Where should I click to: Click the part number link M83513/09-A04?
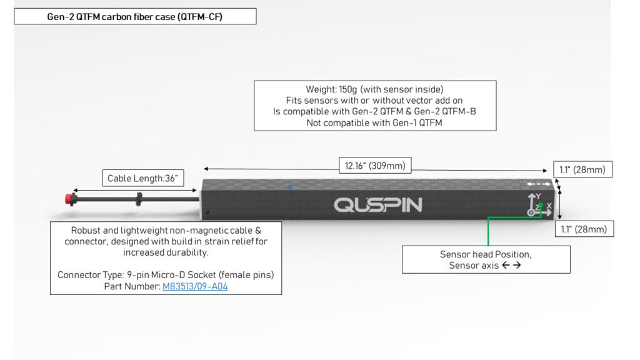click(195, 286)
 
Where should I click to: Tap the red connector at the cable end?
click(70, 199)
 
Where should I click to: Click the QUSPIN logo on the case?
click(378, 205)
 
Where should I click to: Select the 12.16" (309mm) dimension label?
click(375, 165)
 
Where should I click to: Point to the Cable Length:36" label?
click(143, 178)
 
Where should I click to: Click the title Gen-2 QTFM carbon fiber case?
click(135, 17)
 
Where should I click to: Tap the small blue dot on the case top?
click(290, 187)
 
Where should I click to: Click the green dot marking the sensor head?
click(541, 205)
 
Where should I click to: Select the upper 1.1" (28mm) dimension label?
click(582, 169)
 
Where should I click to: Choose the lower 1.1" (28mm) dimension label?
click(584, 229)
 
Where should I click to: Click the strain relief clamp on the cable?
click(139, 199)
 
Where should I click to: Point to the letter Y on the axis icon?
click(538, 196)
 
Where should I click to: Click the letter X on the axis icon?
click(549, 206)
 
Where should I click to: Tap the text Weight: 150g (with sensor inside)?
click(375, 89)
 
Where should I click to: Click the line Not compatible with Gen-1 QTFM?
click(374, 123)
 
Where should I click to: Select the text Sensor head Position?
click(486, 254)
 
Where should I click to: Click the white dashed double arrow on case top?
click(538, 184)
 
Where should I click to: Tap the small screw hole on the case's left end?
click(207, 212)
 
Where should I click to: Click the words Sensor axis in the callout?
click(474, 265)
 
